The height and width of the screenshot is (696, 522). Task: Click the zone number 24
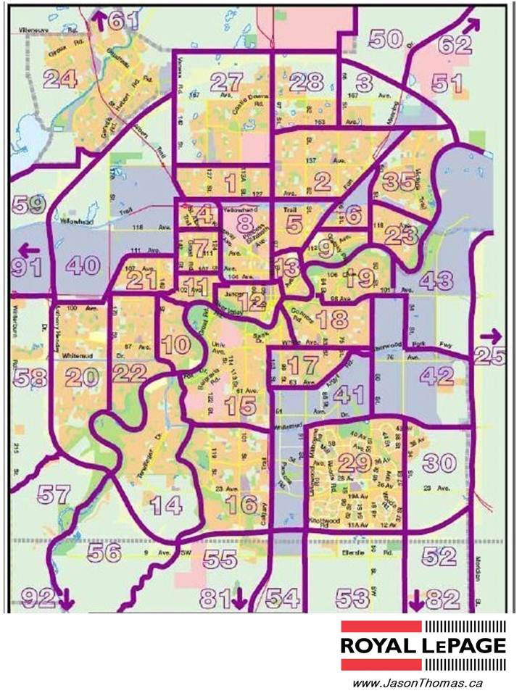60,78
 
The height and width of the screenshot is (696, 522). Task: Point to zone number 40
82,265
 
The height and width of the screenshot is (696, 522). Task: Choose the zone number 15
240,407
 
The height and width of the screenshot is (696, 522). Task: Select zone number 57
55,494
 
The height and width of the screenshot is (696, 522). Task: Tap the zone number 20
82,376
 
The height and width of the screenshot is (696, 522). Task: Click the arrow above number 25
491,336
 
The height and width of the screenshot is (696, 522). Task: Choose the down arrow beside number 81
239,599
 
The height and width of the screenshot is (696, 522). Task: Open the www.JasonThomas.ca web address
417,683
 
